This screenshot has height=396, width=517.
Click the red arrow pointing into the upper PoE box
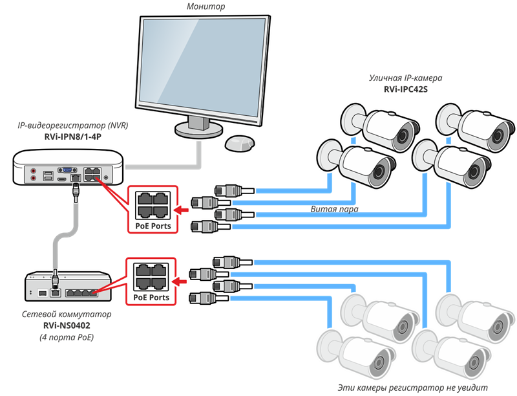point(185,209)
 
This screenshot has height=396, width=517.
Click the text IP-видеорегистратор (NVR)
point(72,124)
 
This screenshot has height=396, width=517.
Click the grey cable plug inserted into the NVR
point(76,190)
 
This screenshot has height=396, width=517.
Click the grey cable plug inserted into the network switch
point(55,280)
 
